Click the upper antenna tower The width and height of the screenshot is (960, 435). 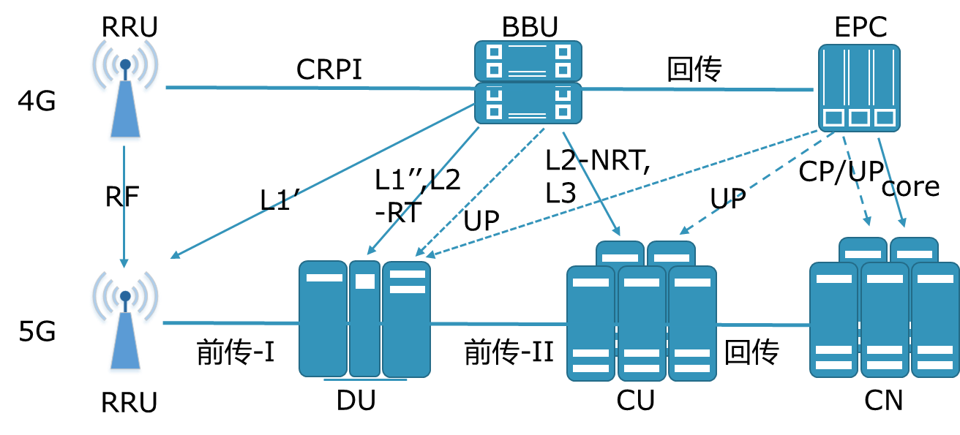[124, 91]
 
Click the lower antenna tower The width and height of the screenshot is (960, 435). [124, 323]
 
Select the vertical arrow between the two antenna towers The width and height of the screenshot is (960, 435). [124, 205]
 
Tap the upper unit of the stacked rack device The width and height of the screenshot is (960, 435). [528, 61]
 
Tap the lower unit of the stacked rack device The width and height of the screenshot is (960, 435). [528, 103]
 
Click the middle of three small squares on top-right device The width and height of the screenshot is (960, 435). [859, 118]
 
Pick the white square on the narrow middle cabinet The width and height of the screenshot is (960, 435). [364, 281]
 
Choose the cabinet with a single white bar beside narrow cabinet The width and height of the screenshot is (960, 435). [323, 319]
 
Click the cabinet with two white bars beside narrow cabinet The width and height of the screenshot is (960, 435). [406, 319]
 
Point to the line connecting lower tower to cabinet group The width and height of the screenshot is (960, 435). [230, 322]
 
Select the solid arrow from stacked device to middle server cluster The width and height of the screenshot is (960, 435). [591, 184]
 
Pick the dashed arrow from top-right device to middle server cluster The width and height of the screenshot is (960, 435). [757, 183]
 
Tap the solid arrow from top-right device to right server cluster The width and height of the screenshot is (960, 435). [892, 183]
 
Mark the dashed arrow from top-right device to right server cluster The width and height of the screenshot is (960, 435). [856, 180]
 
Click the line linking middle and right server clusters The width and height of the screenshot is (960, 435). [763, 325]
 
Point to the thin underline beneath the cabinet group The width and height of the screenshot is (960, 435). [365, 380]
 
